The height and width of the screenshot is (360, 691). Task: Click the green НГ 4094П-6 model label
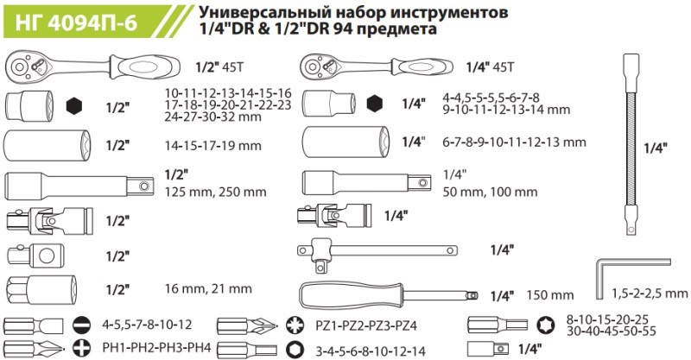pyautogui.click(x=76, y=22)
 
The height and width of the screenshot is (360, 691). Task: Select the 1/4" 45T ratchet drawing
pyautogui.click(x=377, y=67)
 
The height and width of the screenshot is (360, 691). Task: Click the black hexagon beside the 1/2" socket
pyautogui.click(x=74, y=106)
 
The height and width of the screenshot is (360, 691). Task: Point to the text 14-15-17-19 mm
pyautogui.click(x=212, y=145)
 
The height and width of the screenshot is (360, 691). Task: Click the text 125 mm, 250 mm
pyautogui.click(x=215, y=193)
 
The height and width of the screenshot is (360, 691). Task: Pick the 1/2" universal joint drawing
pyautogui.click(x=50, y=219)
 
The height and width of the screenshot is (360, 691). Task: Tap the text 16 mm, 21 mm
pyautogui.click(x=208, y=289)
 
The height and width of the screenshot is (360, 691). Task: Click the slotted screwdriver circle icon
pyautogui.click(x=82, y=325)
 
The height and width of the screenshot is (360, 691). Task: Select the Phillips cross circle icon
pyautogui.click(x=82, y=348)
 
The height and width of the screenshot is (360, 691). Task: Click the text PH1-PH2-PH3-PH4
pyautogui.click(x=156, y=348)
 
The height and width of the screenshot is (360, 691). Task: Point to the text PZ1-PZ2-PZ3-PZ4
pyautogui.click(x=366, y=326)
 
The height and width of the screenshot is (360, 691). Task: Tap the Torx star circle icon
pyautogui.click(x=547, y=325)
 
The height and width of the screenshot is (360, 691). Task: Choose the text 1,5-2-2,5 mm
pyautogui.click(x=650, y=293)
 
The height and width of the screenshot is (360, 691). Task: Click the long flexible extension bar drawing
pyautogui.click(x=631, y=144)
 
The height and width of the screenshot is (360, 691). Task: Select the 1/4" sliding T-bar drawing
pyautogui.click(x=377, y=251)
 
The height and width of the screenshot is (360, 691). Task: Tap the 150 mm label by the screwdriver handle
pyautogui.click(x=550, y=294)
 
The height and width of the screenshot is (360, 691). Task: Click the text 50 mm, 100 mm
pyautogui.click(x=490, y=192)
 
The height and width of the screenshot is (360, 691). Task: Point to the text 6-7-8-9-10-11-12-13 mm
pyautogui.click(x=514, y=142)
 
